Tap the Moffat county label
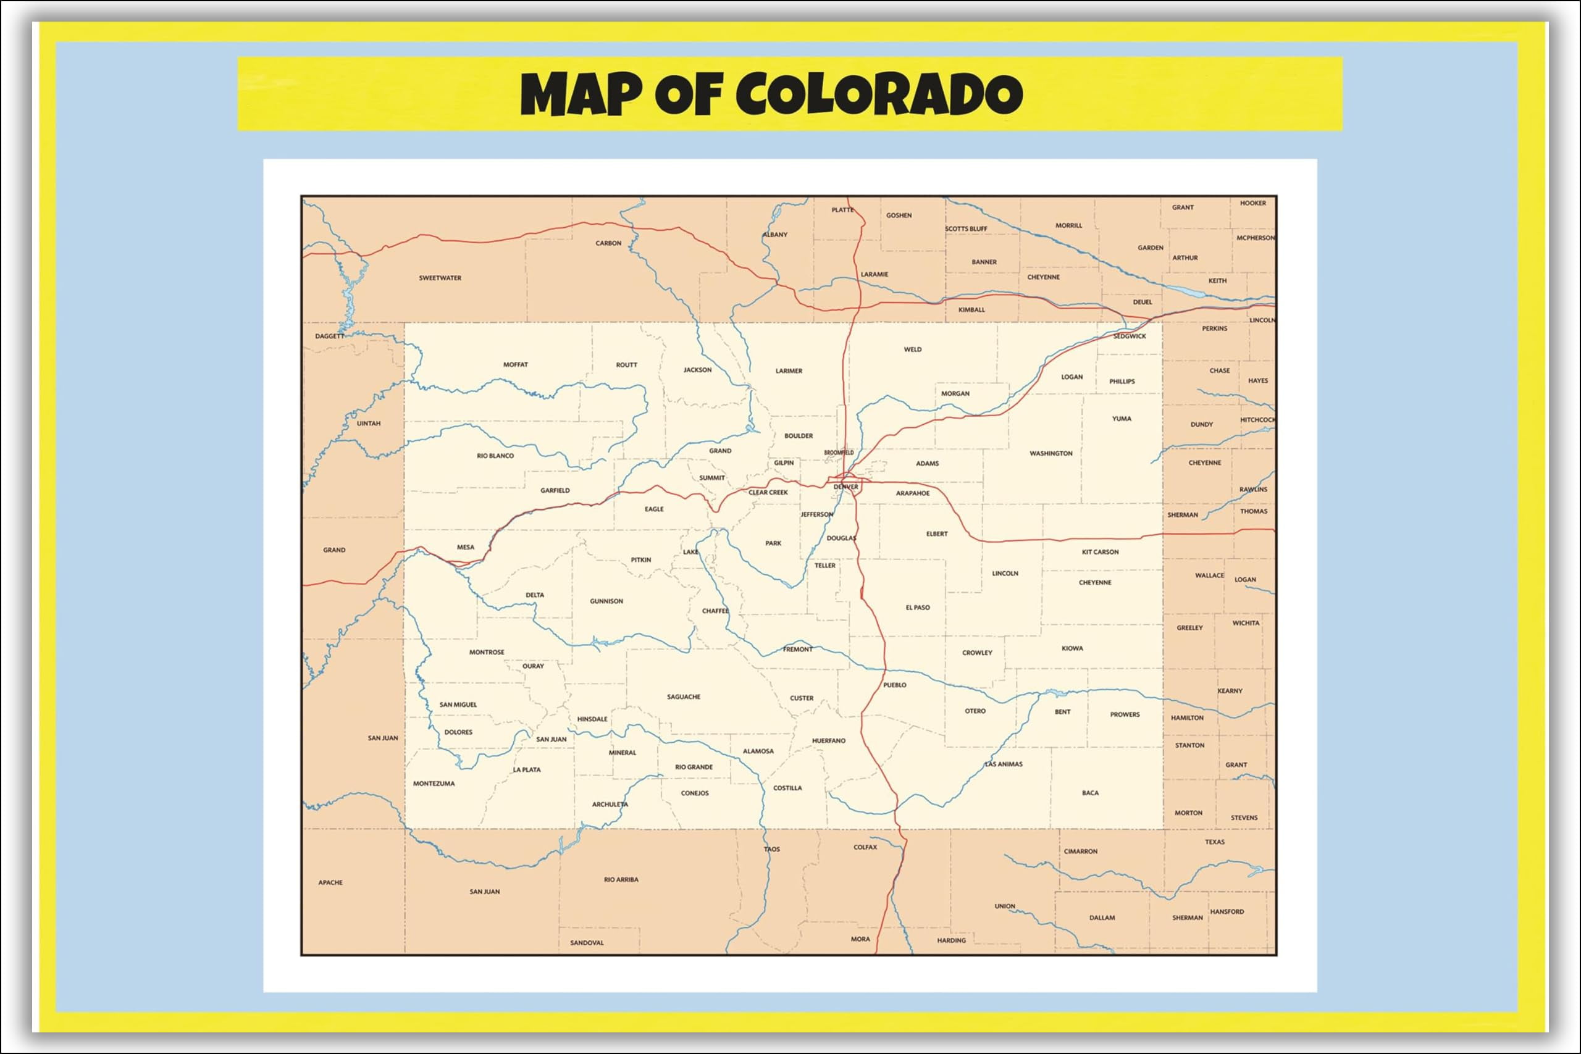click(x=516, y=364)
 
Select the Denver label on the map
click(x=845, y=487)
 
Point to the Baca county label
click(x=1090, y=793)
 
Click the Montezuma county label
click(x=434, y=783)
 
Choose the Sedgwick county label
click(x=1130, y=336)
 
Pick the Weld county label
click(x=912, y=349)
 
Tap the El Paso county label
click(x=918, y=607)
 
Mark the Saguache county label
click(x=684, y=696)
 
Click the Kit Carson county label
click(x=1101, y=552)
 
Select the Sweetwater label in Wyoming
click(x=440, y=278)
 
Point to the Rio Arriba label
click(x=621, y=879)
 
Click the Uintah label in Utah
click(x=368, y=424)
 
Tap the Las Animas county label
click(x=1004, y=764)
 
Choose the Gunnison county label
click(x=606, y=601)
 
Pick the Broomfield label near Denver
click(x=839, y=453)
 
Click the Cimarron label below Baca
click(x=1080, y=851)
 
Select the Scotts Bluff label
click(x=966, y=228)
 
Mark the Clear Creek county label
click(x=768, y=492)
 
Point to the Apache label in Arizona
click(x=330, y=882)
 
